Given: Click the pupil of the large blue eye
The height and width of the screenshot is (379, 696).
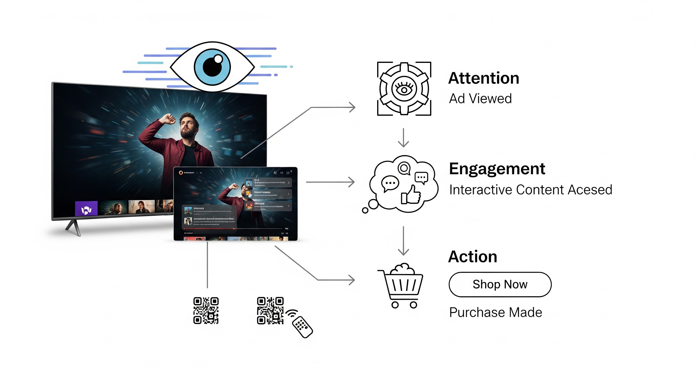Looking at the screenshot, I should pos(212,66).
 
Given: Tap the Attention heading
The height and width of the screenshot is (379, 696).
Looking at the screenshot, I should pos(484,78).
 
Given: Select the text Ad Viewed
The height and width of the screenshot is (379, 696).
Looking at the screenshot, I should pos(480,98).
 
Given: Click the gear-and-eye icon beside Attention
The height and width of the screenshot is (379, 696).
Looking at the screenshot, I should pos(404,89).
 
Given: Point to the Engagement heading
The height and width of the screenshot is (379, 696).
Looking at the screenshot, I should pos(497,169).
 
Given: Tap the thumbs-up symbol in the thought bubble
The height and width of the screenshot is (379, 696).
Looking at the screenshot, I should pos(411,195).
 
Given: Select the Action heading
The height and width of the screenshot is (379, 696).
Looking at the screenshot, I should pos(473,257).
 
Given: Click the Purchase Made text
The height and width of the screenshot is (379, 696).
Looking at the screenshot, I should pos(496,312).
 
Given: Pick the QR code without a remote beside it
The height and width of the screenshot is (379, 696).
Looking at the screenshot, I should pos(206,310).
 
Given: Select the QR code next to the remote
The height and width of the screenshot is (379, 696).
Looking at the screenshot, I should pos(270,310).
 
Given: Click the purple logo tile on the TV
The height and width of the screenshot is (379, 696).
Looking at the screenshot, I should pos(86,208).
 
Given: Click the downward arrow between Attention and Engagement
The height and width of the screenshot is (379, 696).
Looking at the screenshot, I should pos(403,138).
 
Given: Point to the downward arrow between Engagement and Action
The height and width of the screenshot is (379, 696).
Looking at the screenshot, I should pos(403,241).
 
